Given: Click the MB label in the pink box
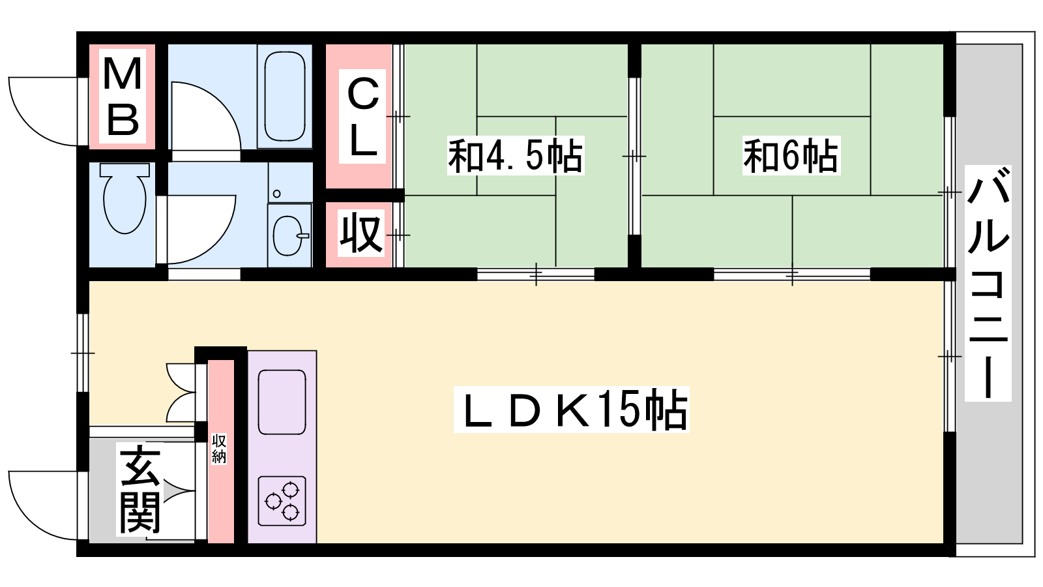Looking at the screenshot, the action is coord(123,96).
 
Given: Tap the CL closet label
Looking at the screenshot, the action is coord(362,117).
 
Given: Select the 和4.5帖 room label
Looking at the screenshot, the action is coord(516,156).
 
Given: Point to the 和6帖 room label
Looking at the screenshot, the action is coord(791,156).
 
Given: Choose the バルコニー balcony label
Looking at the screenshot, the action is coord(988,283).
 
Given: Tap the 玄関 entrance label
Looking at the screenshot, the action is coord(140,489).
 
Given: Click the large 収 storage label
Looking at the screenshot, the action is coord(361,232).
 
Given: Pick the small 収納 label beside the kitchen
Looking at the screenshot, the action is coord(219,449).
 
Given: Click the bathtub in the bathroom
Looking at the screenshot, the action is coord(284,96).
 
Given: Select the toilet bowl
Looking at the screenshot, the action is coord(125,198).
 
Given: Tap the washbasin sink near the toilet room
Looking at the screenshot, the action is coord(290,235).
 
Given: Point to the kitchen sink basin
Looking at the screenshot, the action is coord(282,402).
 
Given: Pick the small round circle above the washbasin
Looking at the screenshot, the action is coord(276,194).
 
